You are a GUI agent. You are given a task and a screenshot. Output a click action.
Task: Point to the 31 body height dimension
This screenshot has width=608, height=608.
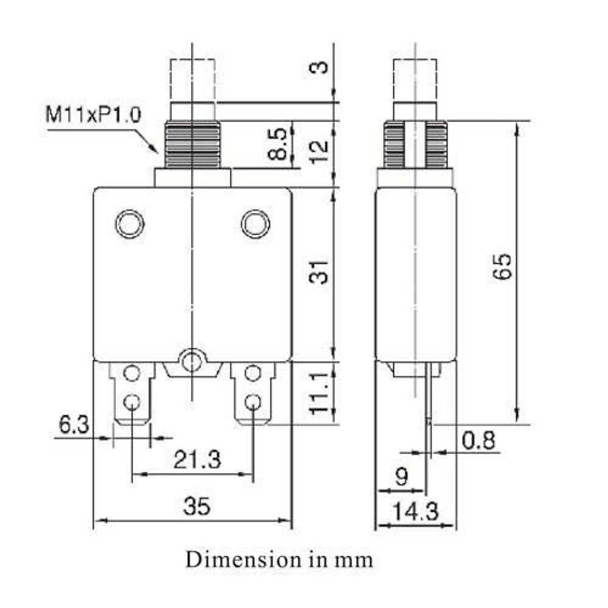tap(320, 272)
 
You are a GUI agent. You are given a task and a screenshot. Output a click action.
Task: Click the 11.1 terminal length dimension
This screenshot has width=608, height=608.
tap(320, 393)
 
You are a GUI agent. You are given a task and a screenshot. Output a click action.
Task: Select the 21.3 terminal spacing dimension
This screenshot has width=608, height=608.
tap(197, 460)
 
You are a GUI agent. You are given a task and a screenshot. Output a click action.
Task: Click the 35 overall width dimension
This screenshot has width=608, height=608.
tap(197, 506)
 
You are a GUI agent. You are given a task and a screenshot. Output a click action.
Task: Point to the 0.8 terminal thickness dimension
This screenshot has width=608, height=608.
tap(479, 441)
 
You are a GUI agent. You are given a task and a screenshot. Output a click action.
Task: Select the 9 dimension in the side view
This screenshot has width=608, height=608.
tap(401, 477)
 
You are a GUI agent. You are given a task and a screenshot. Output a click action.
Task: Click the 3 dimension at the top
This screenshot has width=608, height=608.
tap(320, 67)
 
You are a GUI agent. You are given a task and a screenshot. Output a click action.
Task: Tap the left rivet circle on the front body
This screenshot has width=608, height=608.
tap(130, 223)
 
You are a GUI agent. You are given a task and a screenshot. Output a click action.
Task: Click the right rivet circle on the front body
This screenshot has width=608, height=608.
tap(255, 223)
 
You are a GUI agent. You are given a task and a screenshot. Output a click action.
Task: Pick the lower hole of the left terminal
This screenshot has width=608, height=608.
tap(132, 403)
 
